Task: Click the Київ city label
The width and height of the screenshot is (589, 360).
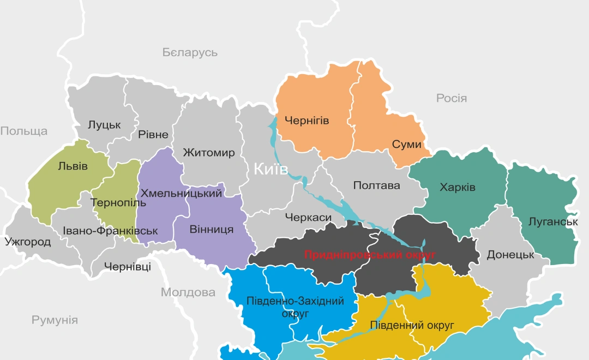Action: coord(271,169)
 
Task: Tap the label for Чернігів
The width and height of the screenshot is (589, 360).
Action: coord(307,121)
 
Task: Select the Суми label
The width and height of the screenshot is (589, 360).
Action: coord(407,145)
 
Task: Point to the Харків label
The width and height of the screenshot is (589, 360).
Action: coord(458,188)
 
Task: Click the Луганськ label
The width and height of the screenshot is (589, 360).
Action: coord(553,222)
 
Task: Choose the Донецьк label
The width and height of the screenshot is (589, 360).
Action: coord(510,255)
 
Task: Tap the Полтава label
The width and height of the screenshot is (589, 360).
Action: coord(376,185)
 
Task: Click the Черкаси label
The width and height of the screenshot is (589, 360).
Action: coord(308,218)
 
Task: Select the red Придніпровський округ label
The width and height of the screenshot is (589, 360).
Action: coord(370,255)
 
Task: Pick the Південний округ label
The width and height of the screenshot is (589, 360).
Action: coord(412,326)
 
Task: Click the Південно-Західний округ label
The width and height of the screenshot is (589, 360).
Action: coord(295,308)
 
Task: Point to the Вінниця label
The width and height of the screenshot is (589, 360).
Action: coord(212,229)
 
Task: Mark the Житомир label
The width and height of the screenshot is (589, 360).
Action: coord(209,153)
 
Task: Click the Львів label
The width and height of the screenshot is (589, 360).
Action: coord(73,166)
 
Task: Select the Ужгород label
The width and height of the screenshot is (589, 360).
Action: coord(28,242)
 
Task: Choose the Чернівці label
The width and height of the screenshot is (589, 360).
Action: coord(127,267)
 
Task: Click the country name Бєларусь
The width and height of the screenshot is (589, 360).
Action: coord(190,52)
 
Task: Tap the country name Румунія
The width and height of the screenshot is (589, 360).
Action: coord(55,320)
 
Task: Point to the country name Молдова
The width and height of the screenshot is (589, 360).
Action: coord(188,292)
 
